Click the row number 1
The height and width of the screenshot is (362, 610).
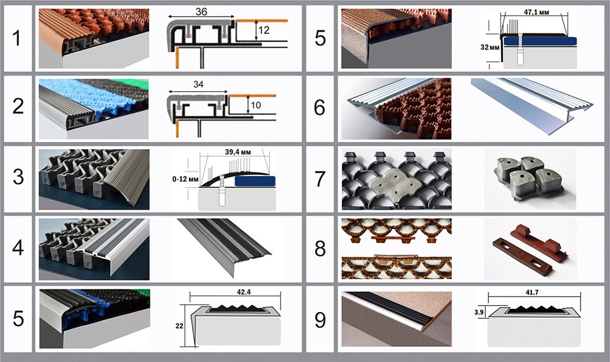[16, 38]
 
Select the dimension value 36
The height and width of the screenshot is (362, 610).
[201, 12]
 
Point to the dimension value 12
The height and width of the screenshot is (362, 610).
[264, 30]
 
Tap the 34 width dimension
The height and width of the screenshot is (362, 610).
[199, 84]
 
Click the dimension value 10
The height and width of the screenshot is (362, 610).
[255, 105]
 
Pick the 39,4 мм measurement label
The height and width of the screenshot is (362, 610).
[238, 152]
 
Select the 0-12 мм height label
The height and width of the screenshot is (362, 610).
[185, 179]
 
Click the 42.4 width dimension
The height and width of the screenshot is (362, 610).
[244, 292]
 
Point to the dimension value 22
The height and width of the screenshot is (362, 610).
[179, 326]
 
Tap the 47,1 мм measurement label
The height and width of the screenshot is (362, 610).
[536, 12]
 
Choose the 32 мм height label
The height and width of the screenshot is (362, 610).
[490, 48]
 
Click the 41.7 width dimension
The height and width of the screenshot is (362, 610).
[532, 292]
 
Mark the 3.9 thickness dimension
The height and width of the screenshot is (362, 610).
[479, 312]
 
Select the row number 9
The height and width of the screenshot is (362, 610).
[320, 319]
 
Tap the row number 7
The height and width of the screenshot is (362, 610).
[320, 179]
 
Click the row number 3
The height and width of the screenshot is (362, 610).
[18, 177]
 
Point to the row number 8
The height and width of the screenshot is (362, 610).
[320, 248]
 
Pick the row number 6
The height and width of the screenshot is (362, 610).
[319, 107]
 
